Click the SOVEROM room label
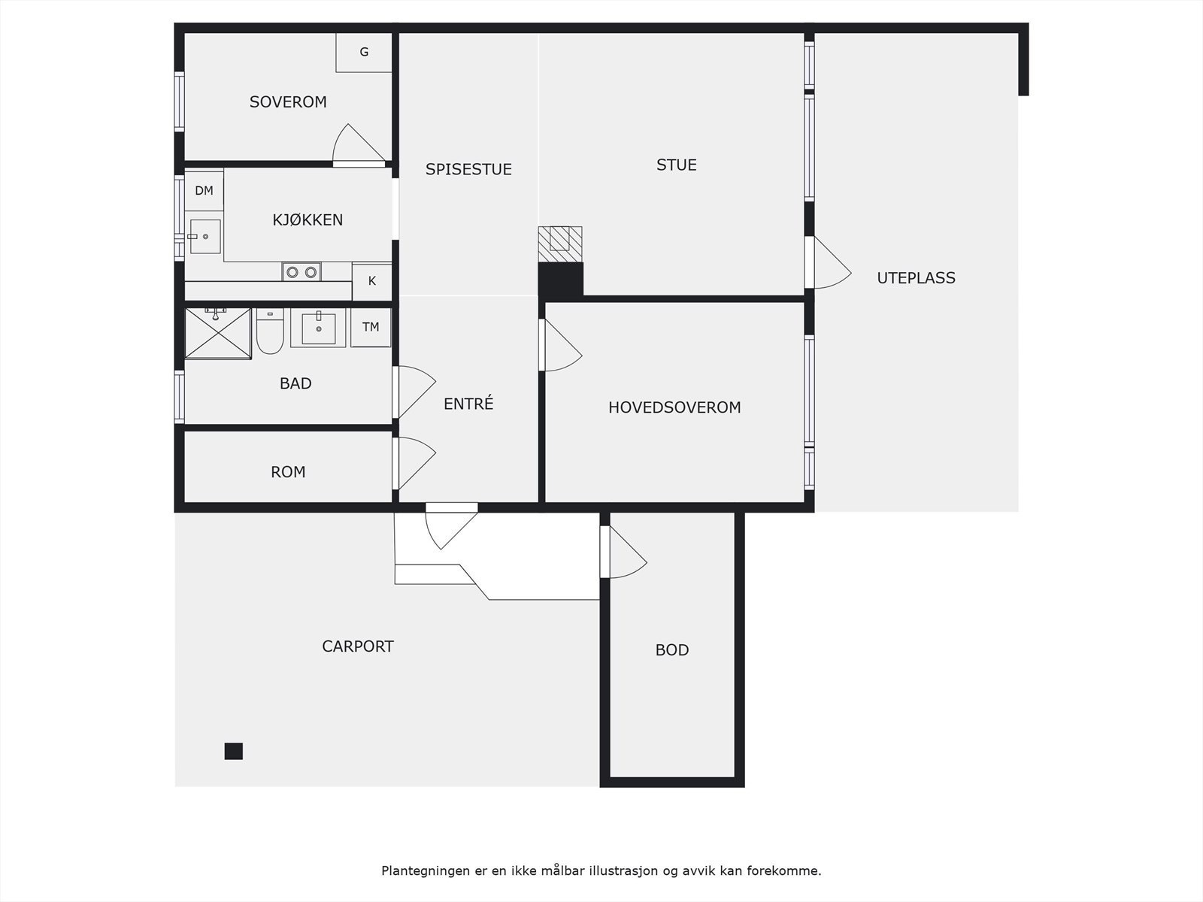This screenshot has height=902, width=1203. (288, 102)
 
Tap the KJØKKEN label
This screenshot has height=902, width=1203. (308, 219)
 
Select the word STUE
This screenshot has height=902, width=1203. (676, 165)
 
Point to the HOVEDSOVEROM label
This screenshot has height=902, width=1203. (674, 407)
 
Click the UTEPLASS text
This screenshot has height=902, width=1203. (916, 278)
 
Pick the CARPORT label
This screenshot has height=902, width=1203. (357, 646)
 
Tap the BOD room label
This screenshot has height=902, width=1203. (672, 649)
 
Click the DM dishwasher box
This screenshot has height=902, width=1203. (204, 191)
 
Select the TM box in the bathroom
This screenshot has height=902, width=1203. (371, 328)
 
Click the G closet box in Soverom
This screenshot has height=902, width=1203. (364, 52)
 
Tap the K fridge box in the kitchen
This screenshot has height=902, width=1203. (371, 281)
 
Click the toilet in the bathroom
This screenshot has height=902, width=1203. (270, 331)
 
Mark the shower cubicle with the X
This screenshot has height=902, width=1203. (218, 334)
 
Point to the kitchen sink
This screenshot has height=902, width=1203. (205, 237)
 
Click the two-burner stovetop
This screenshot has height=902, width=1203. (302, 271)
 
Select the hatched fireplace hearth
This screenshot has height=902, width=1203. (560, 244)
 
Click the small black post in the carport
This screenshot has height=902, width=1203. (234, 751)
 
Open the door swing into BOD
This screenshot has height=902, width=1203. (624, 552)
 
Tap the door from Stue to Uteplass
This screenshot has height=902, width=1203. (828, 262)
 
